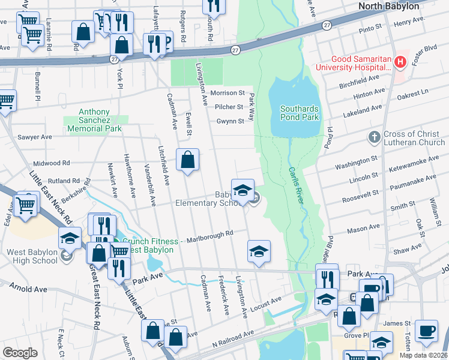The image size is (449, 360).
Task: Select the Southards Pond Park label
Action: pos(300,113)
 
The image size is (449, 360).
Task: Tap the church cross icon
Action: pos(374,137)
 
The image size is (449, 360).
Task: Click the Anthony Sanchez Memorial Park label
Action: pos(94,120)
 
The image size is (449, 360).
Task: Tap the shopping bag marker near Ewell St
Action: pos(188,160)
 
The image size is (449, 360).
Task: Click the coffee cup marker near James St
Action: pos(426,331)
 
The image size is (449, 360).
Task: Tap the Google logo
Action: pos(20,353)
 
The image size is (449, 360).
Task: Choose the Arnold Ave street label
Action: pos(28,289)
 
